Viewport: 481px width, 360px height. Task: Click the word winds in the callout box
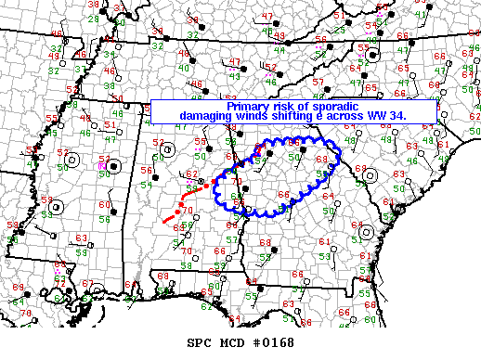click(x=260, y=117)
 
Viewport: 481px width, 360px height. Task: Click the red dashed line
click(x=186, y=203)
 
